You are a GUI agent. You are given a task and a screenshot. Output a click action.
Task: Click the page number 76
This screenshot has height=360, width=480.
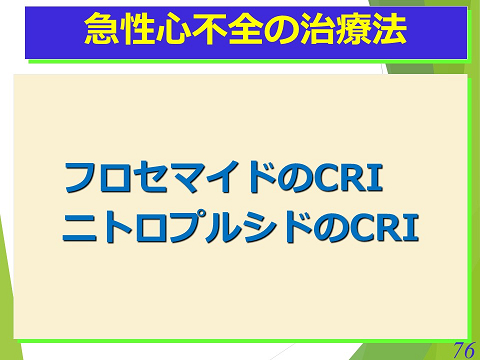coord(463,349)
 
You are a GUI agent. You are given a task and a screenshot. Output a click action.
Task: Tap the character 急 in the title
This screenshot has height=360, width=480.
coord(99,28)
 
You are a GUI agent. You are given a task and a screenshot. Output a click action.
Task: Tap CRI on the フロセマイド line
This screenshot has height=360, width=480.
coord(349,178)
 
